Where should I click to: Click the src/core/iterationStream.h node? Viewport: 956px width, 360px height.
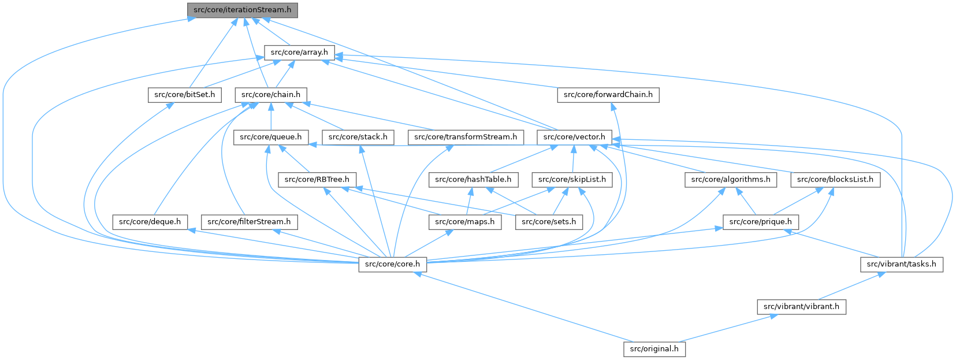tap(243, 10)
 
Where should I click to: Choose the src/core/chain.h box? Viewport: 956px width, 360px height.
tap(271, 95)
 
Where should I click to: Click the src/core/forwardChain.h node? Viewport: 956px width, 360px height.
tap(608, 95)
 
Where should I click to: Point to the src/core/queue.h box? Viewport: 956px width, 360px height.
tap(271, 138)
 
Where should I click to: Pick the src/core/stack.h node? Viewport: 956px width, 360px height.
tap(358, 138)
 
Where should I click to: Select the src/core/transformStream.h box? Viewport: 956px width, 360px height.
tap(466, 138)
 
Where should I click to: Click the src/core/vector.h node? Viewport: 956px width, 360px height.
tap(574, 138)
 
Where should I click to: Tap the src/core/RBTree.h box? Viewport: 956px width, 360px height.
tap(317, 180)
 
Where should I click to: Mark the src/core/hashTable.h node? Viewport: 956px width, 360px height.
tap(473, 180)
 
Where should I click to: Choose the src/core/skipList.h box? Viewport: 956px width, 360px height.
tap(572, 180)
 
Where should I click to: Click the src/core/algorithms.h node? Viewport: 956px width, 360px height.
tap(731, 180)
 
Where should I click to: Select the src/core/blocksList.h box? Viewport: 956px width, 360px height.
tap(835, 180)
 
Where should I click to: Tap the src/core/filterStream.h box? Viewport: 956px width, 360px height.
tap(249, 222)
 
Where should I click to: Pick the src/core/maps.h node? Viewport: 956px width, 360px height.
tap(465, 222)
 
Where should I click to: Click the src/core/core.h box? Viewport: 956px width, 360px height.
tap(393, 265)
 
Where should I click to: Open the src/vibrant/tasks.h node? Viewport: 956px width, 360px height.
tap(902, 265)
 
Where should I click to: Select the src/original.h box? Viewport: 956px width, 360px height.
tap(654, 349)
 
